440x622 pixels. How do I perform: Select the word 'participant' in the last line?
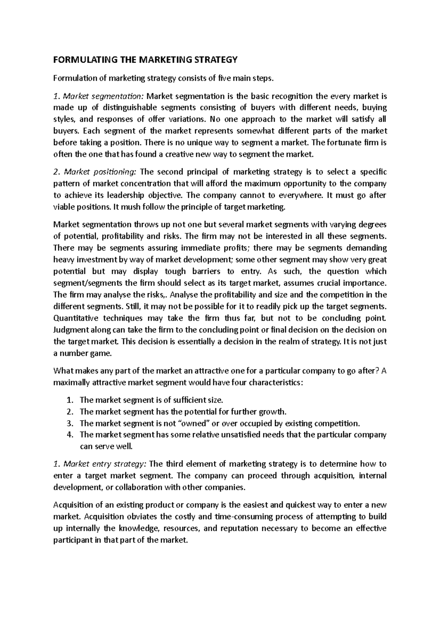point(71,540)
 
